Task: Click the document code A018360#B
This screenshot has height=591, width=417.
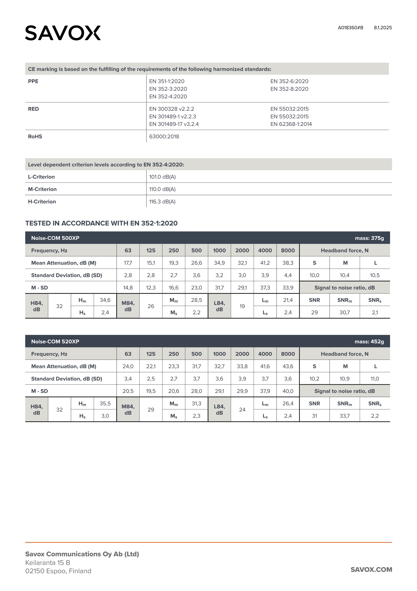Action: point(350,28)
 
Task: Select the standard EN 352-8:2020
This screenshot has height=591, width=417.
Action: point(289,89)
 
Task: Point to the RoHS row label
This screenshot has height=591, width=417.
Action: point(35,137)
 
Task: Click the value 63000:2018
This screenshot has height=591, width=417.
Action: point(164,137)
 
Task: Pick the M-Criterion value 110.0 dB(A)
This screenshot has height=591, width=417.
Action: point(162,189)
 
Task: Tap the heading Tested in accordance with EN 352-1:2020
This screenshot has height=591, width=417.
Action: point(101,223)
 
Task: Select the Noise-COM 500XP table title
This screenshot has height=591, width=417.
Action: point(55,238)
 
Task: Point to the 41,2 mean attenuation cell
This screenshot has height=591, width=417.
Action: point(265,263)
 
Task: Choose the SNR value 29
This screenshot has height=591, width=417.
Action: point(314,313)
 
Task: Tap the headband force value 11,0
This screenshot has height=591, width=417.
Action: point(375,379)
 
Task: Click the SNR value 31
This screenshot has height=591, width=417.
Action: point(314,416)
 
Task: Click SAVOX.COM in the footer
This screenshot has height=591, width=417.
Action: point(371,570)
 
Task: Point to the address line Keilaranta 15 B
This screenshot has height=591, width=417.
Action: point(48,563)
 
